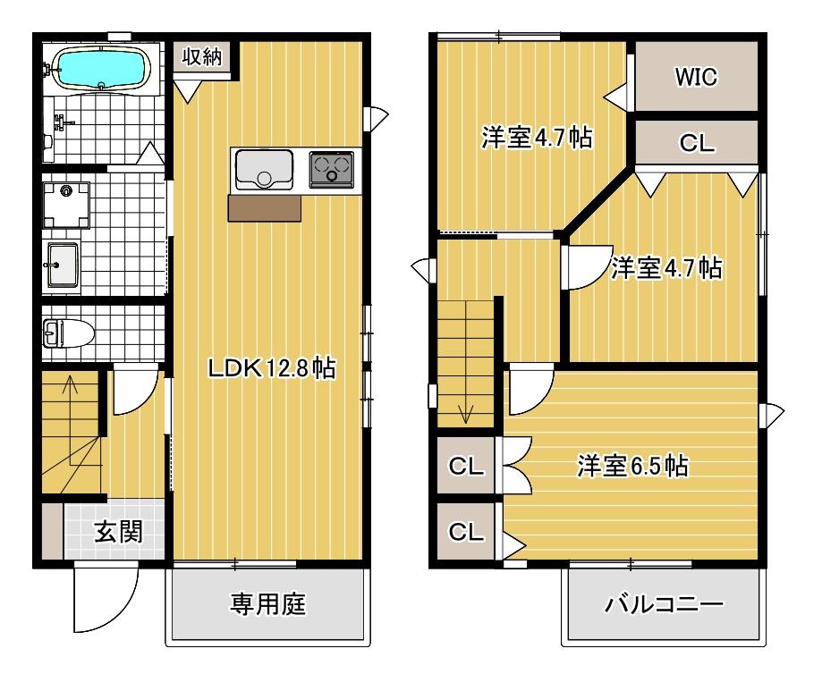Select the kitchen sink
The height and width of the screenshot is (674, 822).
[264, 168]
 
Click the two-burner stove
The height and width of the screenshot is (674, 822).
[332, 168]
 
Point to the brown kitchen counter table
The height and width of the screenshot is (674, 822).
[265, 207]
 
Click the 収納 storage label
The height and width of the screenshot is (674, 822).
[205, 56]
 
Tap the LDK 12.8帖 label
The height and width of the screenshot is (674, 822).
[271, 367]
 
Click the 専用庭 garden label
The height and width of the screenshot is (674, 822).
[268, 605]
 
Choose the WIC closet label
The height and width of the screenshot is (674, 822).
[696, 78]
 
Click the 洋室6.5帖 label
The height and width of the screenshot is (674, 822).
[632, 466]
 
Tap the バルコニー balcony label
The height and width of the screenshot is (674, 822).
[663, 605]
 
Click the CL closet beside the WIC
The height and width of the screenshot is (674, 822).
[696, 143]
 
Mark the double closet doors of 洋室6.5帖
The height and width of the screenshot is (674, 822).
[517, 465]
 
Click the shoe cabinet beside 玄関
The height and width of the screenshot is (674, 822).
[52, 533]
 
